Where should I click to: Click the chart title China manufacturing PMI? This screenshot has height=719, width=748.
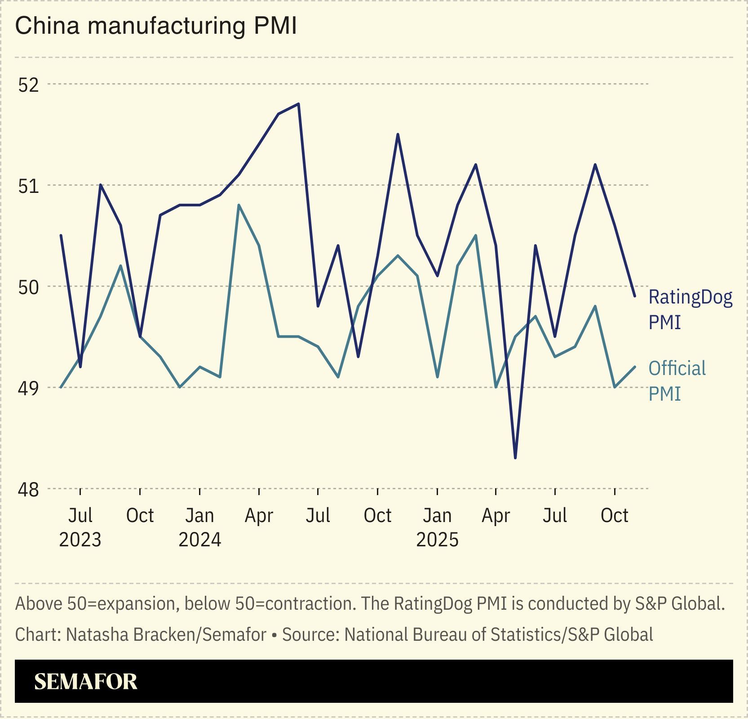[155, 26]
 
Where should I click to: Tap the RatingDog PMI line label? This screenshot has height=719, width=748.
[690, 309]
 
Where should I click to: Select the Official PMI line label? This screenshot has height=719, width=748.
[677, 380]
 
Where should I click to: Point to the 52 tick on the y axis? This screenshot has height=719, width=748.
[28, 85]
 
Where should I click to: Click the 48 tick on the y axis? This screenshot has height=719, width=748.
[28, 489]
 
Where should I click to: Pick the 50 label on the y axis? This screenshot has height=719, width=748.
[28, 287]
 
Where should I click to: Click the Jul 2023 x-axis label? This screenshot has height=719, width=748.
[80, 527]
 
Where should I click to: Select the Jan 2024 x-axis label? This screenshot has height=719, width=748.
[200, 527]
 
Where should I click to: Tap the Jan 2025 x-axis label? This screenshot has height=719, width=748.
[437, 527]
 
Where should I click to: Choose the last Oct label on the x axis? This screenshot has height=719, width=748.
[614, 515]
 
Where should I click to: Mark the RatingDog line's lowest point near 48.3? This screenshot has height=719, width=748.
[515, 458]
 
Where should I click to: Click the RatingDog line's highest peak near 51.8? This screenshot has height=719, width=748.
[299, 104]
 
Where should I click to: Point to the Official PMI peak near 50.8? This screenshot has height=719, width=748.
[239, 205]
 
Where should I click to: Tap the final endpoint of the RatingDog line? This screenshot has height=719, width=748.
[634, 296]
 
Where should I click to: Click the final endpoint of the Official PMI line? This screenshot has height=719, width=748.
[634, 367]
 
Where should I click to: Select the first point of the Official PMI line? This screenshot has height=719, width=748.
[61, 387]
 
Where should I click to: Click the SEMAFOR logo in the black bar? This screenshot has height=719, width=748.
[85, 682]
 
